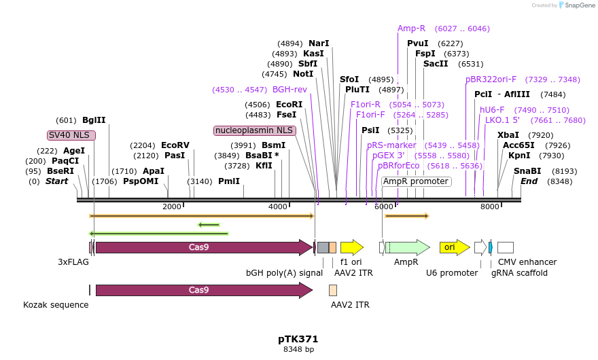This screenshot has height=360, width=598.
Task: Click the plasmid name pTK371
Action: [x=298, y=338]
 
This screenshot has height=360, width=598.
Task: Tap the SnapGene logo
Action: [x=576, y=5]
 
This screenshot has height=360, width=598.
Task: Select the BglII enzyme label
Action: [x=94, y=120]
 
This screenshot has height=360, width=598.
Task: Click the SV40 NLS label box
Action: [x=71, y=134]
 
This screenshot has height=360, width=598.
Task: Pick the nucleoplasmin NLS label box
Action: [x=254, y=130]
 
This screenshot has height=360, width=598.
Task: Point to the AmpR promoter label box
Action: [x=415, y=181]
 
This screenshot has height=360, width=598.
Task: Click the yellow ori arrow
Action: [x=454, y=247]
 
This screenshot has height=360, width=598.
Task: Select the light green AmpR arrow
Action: [x=407, y=247]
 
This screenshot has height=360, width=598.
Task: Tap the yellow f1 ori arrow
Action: [x=351, y=247]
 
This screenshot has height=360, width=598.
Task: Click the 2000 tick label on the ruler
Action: [x=172, y=206]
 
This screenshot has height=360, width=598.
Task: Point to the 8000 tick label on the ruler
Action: [x=489, y=206]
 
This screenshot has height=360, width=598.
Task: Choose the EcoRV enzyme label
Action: [x=175, y=145]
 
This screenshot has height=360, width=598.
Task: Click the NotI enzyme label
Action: [x=303, y=74]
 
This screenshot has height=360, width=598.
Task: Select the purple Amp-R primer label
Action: [x=411, y=29]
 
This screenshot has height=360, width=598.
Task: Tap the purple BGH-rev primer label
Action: [x=289, y=89]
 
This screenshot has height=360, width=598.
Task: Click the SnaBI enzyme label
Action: [x=527, y=170]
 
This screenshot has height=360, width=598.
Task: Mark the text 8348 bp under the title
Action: [x=298, y=349]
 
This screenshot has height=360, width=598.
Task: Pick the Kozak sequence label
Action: [x=56, y=305]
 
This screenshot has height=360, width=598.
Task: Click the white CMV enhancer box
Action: [x=505, y=247]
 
